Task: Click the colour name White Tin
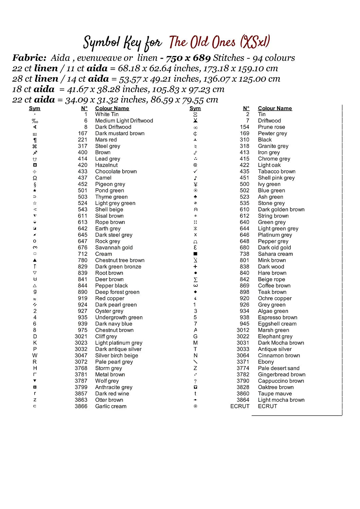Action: [x=107, y=114]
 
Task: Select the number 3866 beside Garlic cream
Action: [x=81, y=406]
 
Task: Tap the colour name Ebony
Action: [x=266, y=362]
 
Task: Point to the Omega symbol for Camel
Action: [x=35, y=178]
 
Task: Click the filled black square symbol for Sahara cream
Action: [x=195, y=254]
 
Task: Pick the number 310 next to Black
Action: [x=245, y=139]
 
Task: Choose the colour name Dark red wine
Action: [x=112, y=394]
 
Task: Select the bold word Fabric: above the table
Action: [x=29, y=58]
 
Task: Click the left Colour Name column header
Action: [x=112, y=108]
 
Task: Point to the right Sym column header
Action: [x=195, y=108]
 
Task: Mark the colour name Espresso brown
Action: [x=277, y=317]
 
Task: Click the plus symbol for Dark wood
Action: [x=195, y=267]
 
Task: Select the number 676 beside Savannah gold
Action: [x=83, y=247]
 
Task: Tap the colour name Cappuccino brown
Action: [x=281, y=381]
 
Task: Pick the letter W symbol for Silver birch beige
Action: [x=35, y=355]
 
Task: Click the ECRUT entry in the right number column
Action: [x=240, y=406]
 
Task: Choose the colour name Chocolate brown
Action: [x=116, y=171]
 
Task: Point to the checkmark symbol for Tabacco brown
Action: [x=195, y=171]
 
